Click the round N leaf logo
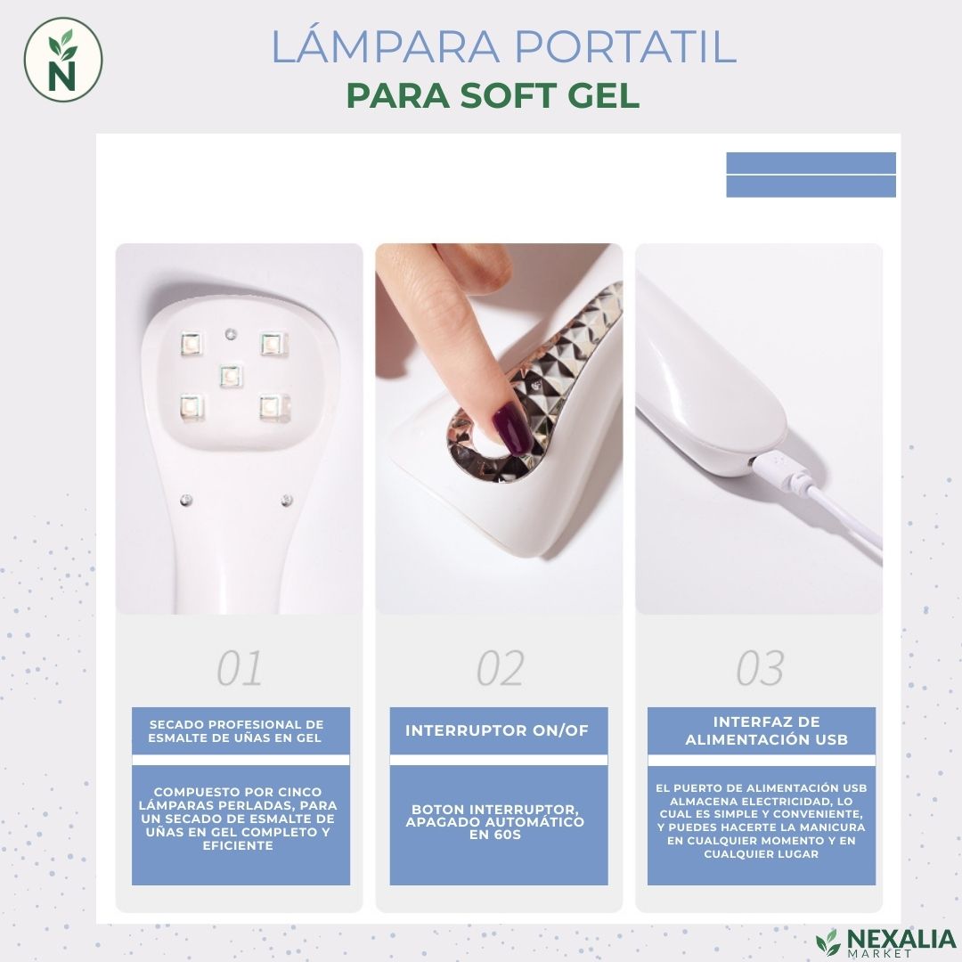point(63,60)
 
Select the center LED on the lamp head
point(231,376)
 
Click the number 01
point(240,668)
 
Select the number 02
point(500,668)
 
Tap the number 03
point(760,668)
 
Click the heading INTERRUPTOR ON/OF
point(497,730)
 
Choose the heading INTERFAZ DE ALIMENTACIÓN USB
point(766,730)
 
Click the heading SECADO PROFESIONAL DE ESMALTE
point(235,731)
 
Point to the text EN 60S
point(495,835)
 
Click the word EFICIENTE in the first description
point(238,845)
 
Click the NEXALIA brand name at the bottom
point(901,940)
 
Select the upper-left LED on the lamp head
point(191,344)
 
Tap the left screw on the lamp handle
point(186,501)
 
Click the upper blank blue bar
point(811,163)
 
